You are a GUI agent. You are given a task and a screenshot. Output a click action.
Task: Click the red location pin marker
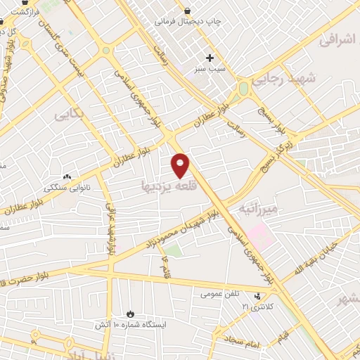(181, 165)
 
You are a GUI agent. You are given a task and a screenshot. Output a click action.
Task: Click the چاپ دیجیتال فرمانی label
(188, 22)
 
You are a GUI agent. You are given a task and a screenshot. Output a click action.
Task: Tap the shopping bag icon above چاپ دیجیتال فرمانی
(188, 10)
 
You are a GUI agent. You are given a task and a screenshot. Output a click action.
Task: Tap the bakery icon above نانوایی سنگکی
(67, 176)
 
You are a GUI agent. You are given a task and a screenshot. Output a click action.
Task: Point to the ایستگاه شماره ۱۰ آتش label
(129, 326)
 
